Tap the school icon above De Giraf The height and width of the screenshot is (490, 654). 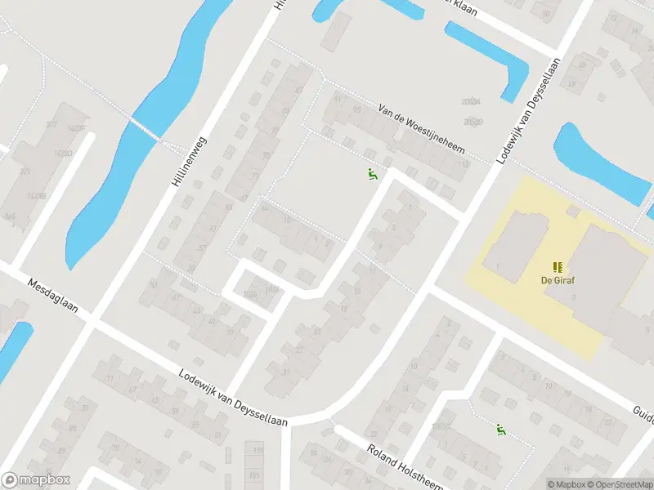click(x=558, y=266)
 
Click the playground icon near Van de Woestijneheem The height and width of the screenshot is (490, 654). click(x=372, y=173)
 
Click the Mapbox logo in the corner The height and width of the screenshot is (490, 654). click(x=36, y=480)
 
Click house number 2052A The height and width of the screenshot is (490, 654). click(x=469, y=102)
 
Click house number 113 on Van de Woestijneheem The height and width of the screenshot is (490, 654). click(x=463, y=166)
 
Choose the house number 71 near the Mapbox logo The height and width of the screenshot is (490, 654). click(x=108, y=379)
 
